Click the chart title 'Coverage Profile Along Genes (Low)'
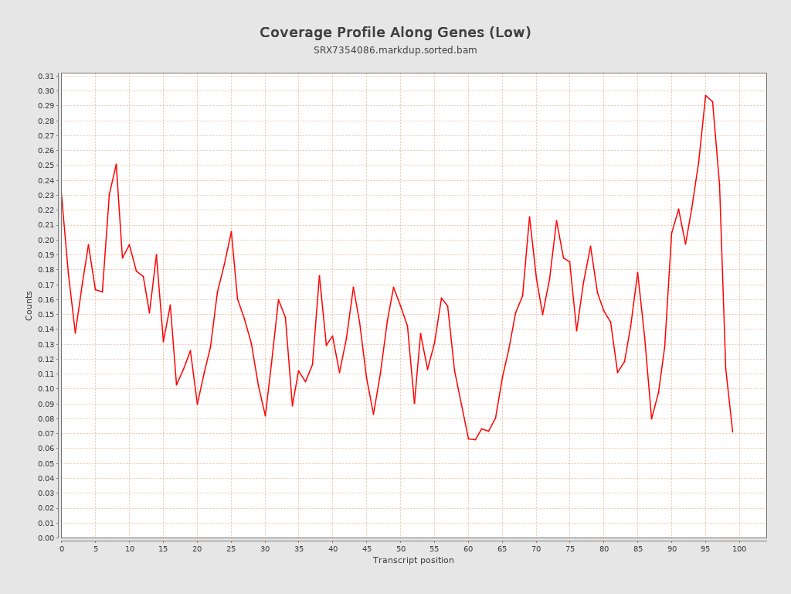click(x=395, y=32)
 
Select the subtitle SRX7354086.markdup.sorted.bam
click(x=395, y=50)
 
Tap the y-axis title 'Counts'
click(x=29, y=306)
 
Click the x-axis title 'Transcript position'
click(x=413, y=560)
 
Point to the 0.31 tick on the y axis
click(x=46, y=76)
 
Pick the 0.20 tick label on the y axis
click(x=46, y=240)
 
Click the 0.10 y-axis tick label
click(x=46, y=389)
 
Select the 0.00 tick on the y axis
click(x=46, y=538)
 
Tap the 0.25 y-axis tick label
click(x=46, y=166)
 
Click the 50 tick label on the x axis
click(x=400, y=548)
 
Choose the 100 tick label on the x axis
click(x=739, y=548)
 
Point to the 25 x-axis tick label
click(x=231, y=548)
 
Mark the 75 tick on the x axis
click(x=570, y=548)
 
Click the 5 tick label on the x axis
click(x=96, y=548)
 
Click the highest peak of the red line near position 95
click(x=705, y=95)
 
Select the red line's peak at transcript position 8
click(x=116, y=164)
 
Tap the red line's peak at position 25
click(x=231, y=231)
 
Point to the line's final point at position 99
click(x=732, y=432)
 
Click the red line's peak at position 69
click(x=529, y=217)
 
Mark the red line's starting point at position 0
click(x=62, y=195)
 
